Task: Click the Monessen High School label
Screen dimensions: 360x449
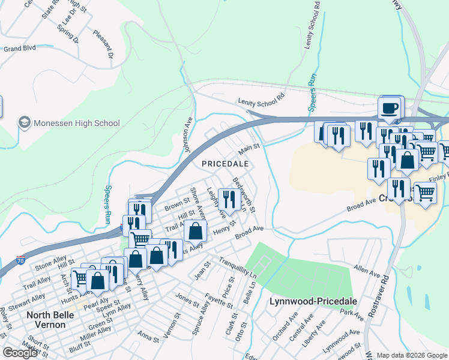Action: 77,123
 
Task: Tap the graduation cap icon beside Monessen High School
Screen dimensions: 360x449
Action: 25,123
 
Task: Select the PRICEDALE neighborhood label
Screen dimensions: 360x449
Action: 224,163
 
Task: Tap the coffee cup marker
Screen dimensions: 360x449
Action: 390,109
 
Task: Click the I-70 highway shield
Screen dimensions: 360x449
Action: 21,260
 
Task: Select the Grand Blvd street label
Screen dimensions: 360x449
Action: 20,48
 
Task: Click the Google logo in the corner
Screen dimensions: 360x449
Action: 20,353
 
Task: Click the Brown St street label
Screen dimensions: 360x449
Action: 177,208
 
